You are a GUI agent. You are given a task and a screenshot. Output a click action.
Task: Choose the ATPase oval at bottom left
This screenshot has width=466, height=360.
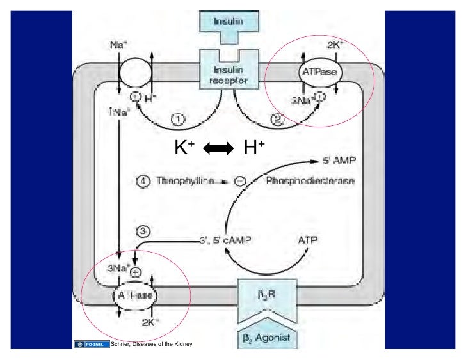click(x=136, y=296)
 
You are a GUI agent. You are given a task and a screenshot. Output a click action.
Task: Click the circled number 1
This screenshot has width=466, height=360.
click(x=179, y=119)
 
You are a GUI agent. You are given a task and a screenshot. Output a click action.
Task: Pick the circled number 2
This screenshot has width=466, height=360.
click(x=276, y=119)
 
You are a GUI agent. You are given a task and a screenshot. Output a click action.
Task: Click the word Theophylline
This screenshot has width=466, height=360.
click(x=186, y=182)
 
